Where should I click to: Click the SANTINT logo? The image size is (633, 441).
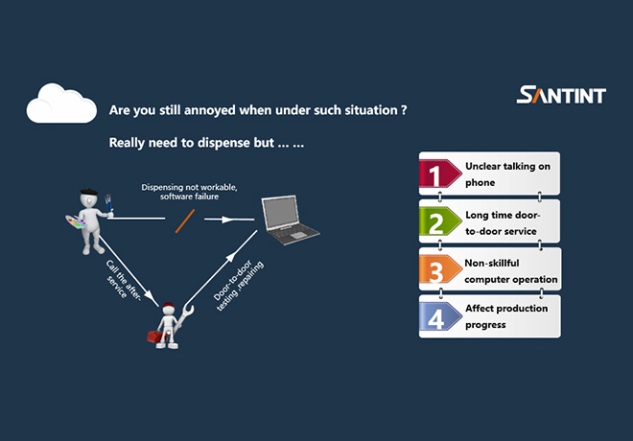tap(561, 94)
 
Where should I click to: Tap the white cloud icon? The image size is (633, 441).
tap(61, 104)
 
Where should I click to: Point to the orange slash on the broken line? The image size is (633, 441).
tap(185, 221)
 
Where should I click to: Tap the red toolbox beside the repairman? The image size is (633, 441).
tap(155, 337)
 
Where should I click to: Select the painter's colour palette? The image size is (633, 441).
tap(76, 221)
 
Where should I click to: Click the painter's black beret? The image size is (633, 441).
tap(89, 192)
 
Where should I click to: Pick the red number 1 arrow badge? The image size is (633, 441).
tap(440, 174)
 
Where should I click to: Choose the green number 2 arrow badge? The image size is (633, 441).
tap(440, 221)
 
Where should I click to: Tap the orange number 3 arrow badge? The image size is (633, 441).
tap(440, 269)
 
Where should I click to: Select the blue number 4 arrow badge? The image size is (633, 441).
tap(440, 316)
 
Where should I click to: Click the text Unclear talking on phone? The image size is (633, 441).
tap(507, 174)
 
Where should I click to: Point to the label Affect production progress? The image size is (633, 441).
tap(506, 316)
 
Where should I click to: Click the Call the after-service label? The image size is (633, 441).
tap(123, 280)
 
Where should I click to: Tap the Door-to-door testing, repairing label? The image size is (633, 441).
tap(238, 286)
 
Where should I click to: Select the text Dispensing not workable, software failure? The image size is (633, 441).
tap(189, 192)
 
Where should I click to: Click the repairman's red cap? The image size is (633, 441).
tap(169, 306)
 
